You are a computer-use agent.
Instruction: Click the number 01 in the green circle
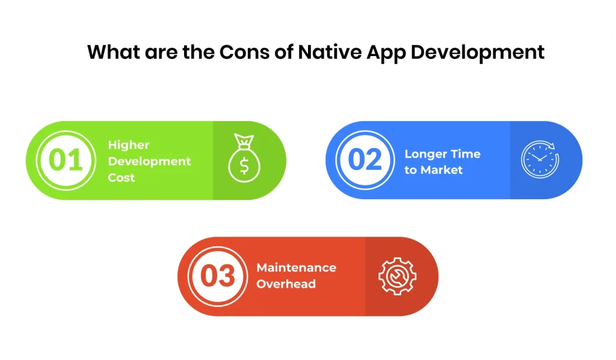pyautogui.click(x=66, y=161)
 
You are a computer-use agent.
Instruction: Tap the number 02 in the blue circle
pyautogui.click(x=365, y=160)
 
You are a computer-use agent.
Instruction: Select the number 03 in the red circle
pyautogui.click(x=217, y=276)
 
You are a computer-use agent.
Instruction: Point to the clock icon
pyautogui.click(x=540, y=160)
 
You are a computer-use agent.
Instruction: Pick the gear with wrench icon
pyautogui.click(x=397, y=276)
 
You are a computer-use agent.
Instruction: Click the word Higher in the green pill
pyautogui.click(x=129, y=145)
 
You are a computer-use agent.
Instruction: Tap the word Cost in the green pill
pyautogui.click(x=122, y=178)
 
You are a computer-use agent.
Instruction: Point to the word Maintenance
pyautogui.click(x=296, y=267)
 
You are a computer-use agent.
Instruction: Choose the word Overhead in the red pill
pyautogui.click(x=286, y=284)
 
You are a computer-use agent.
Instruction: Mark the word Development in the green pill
pyautogui.click(x=149, y=161)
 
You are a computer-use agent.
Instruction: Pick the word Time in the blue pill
pyautogui.click(x=467, y=154)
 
